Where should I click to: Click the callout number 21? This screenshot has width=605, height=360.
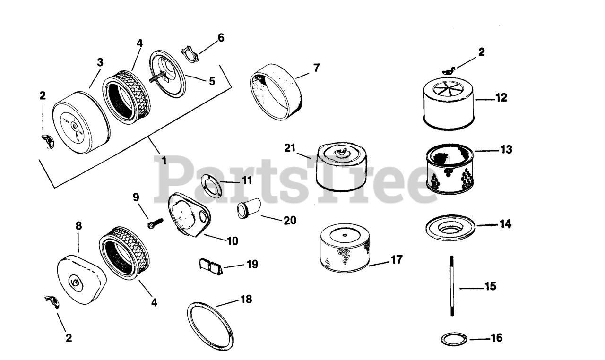tap(290, 147)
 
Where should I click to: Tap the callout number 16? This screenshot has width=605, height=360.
tap(496, 338)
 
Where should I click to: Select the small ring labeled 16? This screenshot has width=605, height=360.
tap(454, 339)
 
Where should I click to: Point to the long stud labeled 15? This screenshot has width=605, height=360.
tap(452, 286)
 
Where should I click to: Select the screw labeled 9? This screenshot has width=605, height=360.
tap(154, 222)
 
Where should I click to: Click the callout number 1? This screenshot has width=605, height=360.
tap(164, 161)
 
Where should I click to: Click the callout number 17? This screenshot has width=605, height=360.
tap(396, 260)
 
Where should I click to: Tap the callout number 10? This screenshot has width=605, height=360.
tap(232, 241)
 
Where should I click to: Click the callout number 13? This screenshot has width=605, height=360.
tap(506, 149)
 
